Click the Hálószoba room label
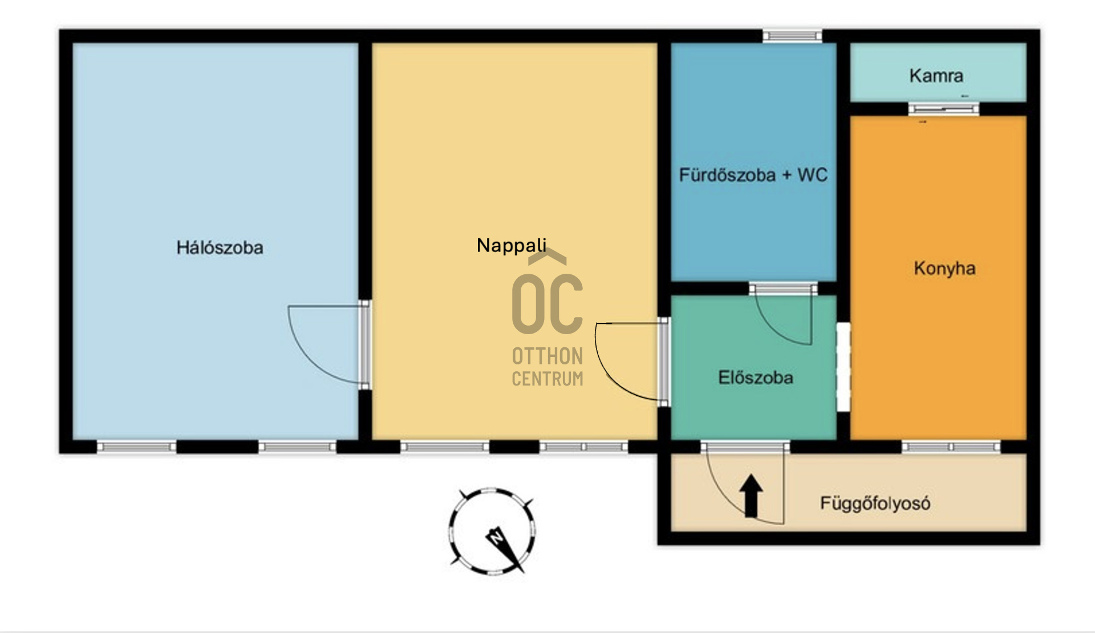pyautogui.click(x=220, y=247)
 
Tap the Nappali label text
pyautogui.click(x=512, y=246)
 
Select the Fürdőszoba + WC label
pyautogui.click(x=753, y=175)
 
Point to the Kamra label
pyautogui.click(x=936, y=75)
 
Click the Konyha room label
pyautogui.click(x=944, y=268)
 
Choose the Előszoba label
pyautogui.click(x=755, y=377)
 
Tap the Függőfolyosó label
pyautogui.click(x=875, y=504)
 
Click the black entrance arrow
pyautogui.click(x=752, y=496)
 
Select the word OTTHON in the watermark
pyautogui.click(x=547, y=356)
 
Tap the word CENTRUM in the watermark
pyautogui.click(x=547, y=379)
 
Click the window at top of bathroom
pyautogui.click(x=792, y=36)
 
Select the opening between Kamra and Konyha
pyautogui.click(x=943, y=109)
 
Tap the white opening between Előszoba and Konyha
pyautogui.click(x=843, y=367)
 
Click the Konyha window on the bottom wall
pyautogui.click(x=951, y=447)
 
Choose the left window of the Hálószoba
pyautogui.click(x=136, y=447)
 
